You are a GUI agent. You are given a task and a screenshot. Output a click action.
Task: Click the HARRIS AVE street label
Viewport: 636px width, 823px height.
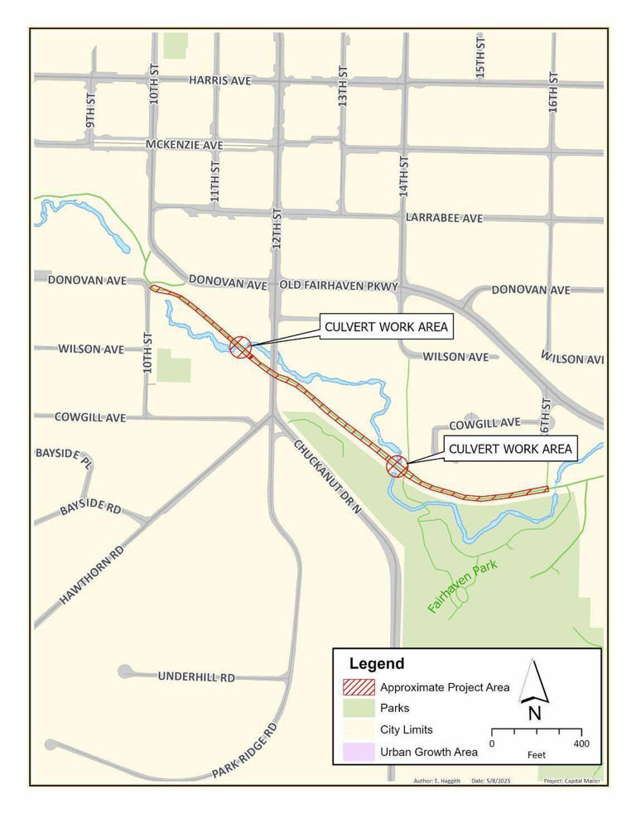[x=219, y=80]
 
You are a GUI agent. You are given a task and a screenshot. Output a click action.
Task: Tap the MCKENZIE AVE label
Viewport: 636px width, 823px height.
[x=185, y=145]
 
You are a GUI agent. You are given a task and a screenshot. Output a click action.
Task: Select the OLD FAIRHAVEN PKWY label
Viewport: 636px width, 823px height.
[x=340, y=286]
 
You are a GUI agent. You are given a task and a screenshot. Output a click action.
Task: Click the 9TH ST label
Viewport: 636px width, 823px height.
[x=91, y=108]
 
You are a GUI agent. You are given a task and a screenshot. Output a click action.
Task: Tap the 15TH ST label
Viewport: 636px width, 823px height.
[x=480, y=58]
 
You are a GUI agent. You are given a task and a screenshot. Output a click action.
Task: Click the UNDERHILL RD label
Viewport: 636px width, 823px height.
[x=196, y=676]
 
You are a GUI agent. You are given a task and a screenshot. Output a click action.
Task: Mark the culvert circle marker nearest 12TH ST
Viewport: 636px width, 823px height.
[x=240, y=346]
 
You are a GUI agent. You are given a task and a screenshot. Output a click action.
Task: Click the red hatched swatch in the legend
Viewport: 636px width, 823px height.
[x=358, y=687]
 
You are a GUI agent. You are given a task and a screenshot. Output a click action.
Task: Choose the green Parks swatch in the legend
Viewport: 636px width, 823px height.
[x=358, y=709]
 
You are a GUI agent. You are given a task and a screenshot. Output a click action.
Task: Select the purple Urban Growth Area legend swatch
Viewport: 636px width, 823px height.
[x=358, y=752]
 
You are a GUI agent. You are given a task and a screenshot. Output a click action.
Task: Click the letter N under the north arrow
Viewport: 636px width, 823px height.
[x=534, y=712]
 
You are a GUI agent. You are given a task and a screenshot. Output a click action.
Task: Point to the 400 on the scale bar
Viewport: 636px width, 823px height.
[x=581, y=744]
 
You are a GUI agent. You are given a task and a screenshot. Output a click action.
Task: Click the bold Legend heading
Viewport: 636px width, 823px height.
[x=377, y=663]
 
